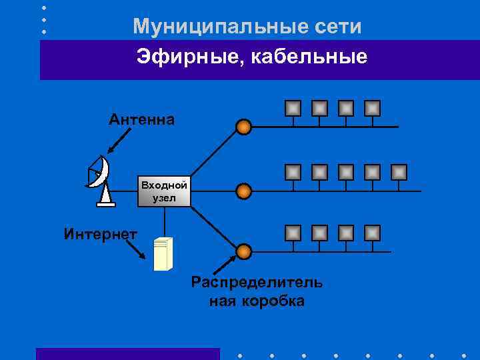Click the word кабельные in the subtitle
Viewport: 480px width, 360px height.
coord(306,57)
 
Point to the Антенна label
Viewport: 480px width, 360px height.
coord(142,120)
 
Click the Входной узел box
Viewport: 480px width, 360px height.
coord(163,191)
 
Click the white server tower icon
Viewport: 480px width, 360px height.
coord(163,253)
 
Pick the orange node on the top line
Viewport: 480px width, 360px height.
coord(244,127)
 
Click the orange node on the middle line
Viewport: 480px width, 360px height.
coord(244,191)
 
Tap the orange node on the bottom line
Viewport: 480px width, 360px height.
coord(244,251)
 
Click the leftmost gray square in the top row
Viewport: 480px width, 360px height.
coord(293,108)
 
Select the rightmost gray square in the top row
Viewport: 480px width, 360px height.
coord(373,108)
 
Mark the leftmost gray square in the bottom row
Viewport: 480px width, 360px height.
coord(293,233)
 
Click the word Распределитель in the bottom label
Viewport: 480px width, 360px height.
coord(257,282)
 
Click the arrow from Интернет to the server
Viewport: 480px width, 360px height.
coord(137,249)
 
